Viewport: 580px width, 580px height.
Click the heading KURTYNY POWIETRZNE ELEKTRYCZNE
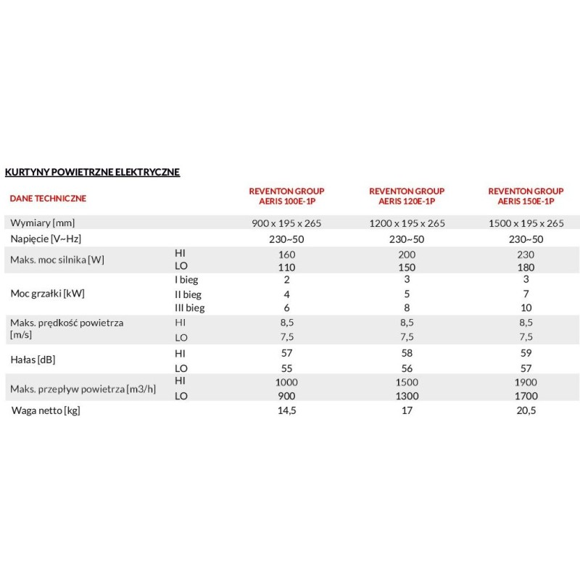pyautogui.click(x=92, y=173)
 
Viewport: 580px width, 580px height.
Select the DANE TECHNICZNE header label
pyautogui.click(x=48, y=197)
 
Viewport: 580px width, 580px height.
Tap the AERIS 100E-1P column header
pyautogui.click(x=286, y=196)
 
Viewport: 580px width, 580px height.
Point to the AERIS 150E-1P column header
pyautogui.click(x=526, y=196)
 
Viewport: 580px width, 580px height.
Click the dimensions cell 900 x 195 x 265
pyautogui.click(x=286, y=223)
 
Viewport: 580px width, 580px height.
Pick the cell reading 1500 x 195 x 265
pyautogui.click(x=526, y=223)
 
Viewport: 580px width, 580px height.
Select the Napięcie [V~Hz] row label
pyautogui.click(x=43, y=239)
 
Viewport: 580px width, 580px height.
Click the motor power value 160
pyautogui.click(x=286, y=254)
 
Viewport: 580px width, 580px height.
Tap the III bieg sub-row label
pyautogui.click(x=190, y=307)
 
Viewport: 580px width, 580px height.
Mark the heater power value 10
pyautogui.click(x=526, y=307)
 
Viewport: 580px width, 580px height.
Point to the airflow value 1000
pyautogui.click(x=286, y=381)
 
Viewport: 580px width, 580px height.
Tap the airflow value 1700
pyautogui.click(x=526, y=396)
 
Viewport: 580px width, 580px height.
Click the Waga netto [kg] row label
pyautogui.click(x=45, y=412)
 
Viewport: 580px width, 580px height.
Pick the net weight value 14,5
pyautogui.click(x=286, y=412)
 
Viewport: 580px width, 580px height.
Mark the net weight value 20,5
pyautogui.click(x=526, y=412)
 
